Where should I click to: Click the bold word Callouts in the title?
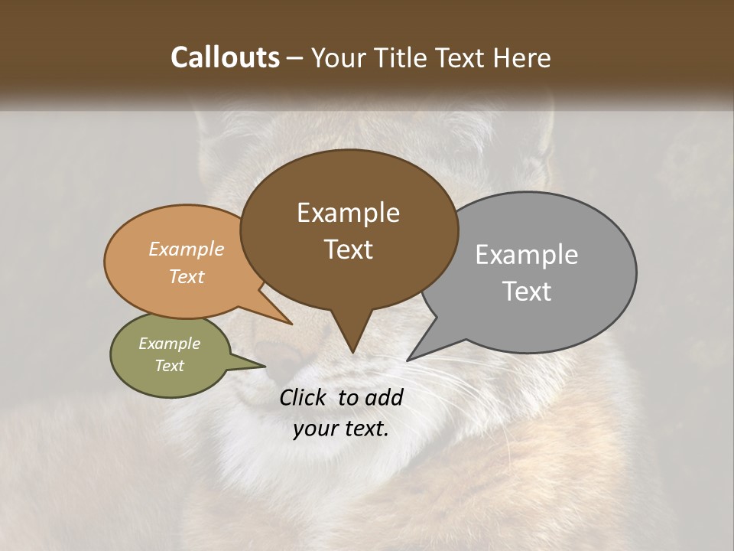click(225, 57)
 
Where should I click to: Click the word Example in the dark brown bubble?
click(348, 213)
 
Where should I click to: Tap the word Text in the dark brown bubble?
click(349, 249)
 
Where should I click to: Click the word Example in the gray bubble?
click(526, 255)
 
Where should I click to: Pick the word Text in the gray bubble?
click(527, 292)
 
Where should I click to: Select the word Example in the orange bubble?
click(187, 249)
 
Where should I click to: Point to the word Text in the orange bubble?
click(187, 276)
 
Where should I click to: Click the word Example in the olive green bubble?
click(169, 344)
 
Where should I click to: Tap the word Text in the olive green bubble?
click(169, 366)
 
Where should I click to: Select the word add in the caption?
click(384, 397)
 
